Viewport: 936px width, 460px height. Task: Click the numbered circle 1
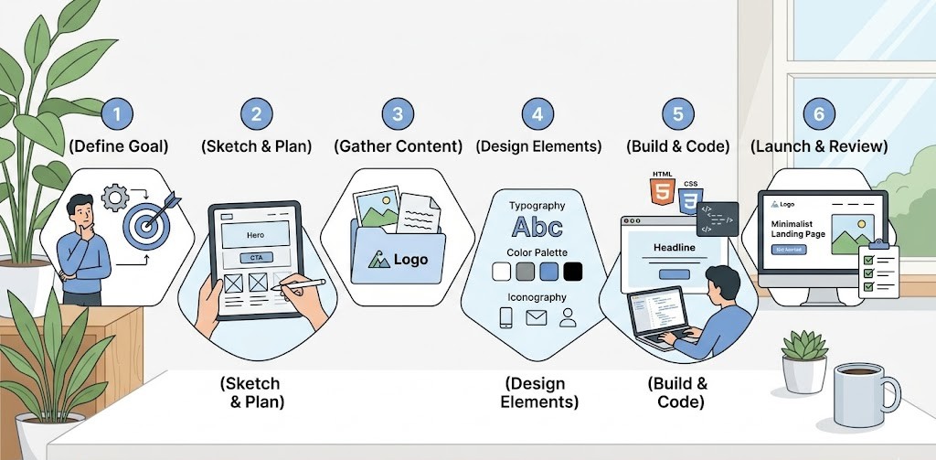pyautogui.click(x=117, y=114)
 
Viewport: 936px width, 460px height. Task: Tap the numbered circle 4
pyautogui.click(x=537, y=114)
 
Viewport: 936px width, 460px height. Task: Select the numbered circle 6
pyautogui.click(x=819, y=114)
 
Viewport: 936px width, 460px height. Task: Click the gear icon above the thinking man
pyautogui.click(x=116, y=198)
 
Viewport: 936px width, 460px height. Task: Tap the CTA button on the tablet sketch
pyautogui.click(x=256, y=258)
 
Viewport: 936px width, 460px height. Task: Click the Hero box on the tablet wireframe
pyautogui.click(x=256, y=235)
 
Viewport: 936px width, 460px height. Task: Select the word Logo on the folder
pyautogui.click(x=410, y=260)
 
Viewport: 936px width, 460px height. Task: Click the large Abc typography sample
pyautogui.click(x=537, y=226)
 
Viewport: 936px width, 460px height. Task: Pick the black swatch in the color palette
pyautogui.click(x=573, y=271)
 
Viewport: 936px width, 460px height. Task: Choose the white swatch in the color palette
pyautogui.click(x=501, y=271)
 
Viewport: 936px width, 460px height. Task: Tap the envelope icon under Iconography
pyautogui.click(x=536, y=318)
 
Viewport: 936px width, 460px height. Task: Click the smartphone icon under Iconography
pyautogui.click(x=505, y=318)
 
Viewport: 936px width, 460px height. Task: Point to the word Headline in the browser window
pyautogui.click(x=675, y=248)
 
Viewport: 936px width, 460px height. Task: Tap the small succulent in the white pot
pyautogui.click(x=803, y=351)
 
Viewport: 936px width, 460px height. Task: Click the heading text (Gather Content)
pyautogui.click(x=398, y=146)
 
